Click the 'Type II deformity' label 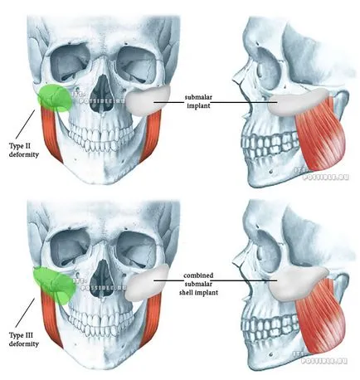24,150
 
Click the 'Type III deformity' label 24,339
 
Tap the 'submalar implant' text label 198,101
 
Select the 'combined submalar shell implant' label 198,284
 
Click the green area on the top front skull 55,99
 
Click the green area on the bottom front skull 55,285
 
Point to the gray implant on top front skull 147,101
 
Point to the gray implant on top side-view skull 299,102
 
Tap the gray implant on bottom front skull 147,283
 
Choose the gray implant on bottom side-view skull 299,283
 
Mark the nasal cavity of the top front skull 102,93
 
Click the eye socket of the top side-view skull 267,66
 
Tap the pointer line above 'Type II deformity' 25,124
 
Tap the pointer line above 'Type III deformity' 25,313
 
